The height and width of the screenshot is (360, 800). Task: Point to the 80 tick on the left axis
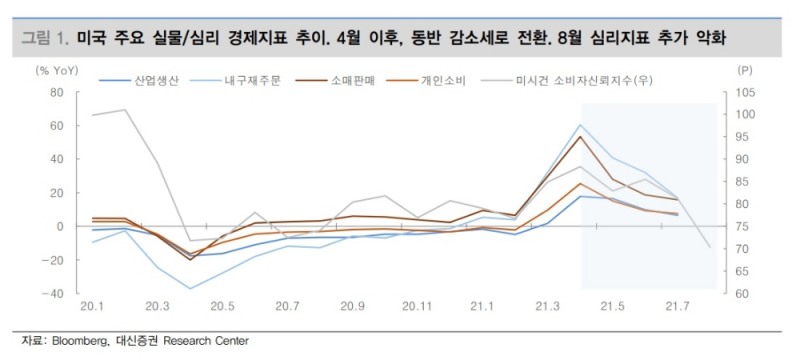pos(56,92)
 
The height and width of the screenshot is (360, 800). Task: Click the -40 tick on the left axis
pos(53,294)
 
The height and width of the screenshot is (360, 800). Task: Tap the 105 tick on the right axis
pos(745,92)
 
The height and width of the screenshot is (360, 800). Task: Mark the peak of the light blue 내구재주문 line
pos(580,125)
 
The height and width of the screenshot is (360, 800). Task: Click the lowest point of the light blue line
pos(190,289)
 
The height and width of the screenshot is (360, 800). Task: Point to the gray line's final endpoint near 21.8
pos(709,247)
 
